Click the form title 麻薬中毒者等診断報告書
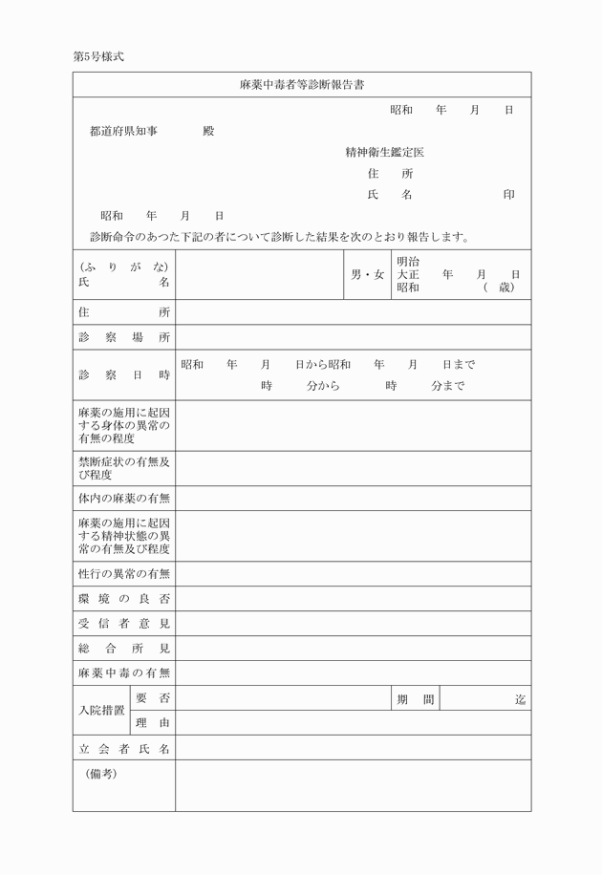[x=301, y=85]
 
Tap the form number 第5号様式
[x=98, y=56]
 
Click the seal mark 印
[x=509, y=195]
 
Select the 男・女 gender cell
[x=367, y=275]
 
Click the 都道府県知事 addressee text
[x=123, y=131]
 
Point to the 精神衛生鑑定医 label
[x=384, y=153]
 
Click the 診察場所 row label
[x=124, y=338]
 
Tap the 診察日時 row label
[x=124, y=375]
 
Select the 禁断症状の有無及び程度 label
[x=124, y=468]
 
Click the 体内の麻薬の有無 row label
[x=124, y=499]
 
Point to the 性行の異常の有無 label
[x=124, y=574]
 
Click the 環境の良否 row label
[x=124, y=599]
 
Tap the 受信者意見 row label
[x=124, y=624]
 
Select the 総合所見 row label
[x=124, y=649]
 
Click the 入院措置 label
[x=100, y=712]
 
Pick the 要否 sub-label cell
[x=153, y=699]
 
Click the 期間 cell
[x=416, y=699]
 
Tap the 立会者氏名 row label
[x=124, y=749]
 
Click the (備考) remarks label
[x=101, y=774]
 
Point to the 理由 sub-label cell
[x=153, y=723]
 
